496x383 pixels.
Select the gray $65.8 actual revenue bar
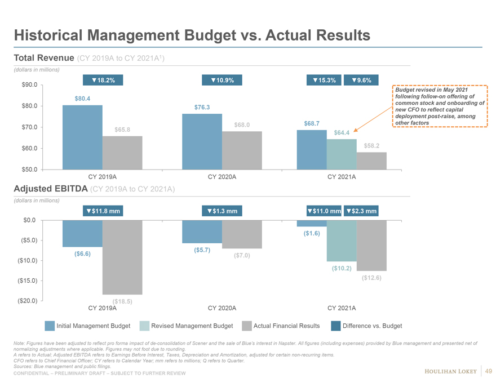pos(122,152)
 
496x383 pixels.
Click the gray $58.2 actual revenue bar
pos(371,161)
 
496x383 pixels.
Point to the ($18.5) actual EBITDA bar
pos(122,257)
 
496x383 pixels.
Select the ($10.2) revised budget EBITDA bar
pos(342,241)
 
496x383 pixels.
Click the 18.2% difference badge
pos(103,80)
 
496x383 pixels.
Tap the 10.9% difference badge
pos(222,80)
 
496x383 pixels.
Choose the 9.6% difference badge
pos(361,80)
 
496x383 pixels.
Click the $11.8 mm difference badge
pos(103,211)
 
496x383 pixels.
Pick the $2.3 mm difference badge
pos(361,211)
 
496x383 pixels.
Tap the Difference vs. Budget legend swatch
pos(336,326)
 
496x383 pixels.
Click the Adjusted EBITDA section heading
pos(50,189)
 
